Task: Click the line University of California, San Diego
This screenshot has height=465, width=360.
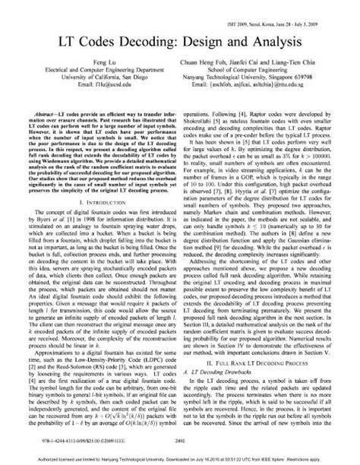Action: (x=95, y=83)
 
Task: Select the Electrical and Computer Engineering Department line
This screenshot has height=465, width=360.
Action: (x=95, y=75)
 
